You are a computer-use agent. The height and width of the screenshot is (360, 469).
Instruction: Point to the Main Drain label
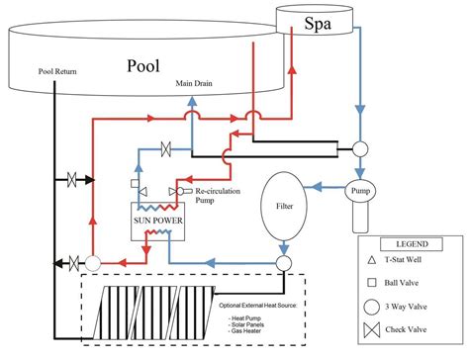tap(195, 83)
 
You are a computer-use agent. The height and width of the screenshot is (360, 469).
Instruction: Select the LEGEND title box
tap(413, 243)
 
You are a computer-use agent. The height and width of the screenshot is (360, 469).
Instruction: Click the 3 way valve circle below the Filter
tap(283, 263)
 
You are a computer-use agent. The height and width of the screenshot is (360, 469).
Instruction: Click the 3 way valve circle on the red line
tap(92, 263)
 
